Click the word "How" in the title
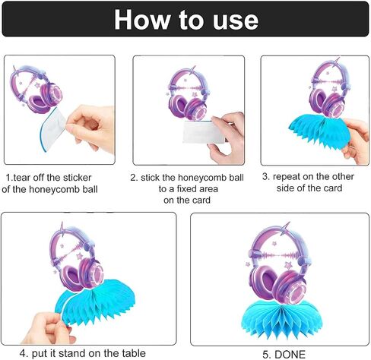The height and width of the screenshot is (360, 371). coord(142,20)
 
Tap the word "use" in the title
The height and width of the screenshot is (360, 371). coord(236,21)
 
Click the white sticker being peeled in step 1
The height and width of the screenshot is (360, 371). coord(54,129)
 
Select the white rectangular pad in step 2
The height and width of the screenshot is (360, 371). coord(203,132)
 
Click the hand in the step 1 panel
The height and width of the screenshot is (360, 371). coord(91,128)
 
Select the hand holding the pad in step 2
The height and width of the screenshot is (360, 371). coord(227,138)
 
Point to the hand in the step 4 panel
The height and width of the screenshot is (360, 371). coord(47,328)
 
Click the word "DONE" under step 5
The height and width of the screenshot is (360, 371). coord(290,354)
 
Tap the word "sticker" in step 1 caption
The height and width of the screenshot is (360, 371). coord(77,178)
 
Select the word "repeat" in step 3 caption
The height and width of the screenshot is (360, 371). coord(287,177)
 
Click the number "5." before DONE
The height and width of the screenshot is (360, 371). coord(267,355)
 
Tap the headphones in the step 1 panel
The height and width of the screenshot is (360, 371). coord(36,89)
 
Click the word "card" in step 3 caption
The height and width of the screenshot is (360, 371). coord(334,188)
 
